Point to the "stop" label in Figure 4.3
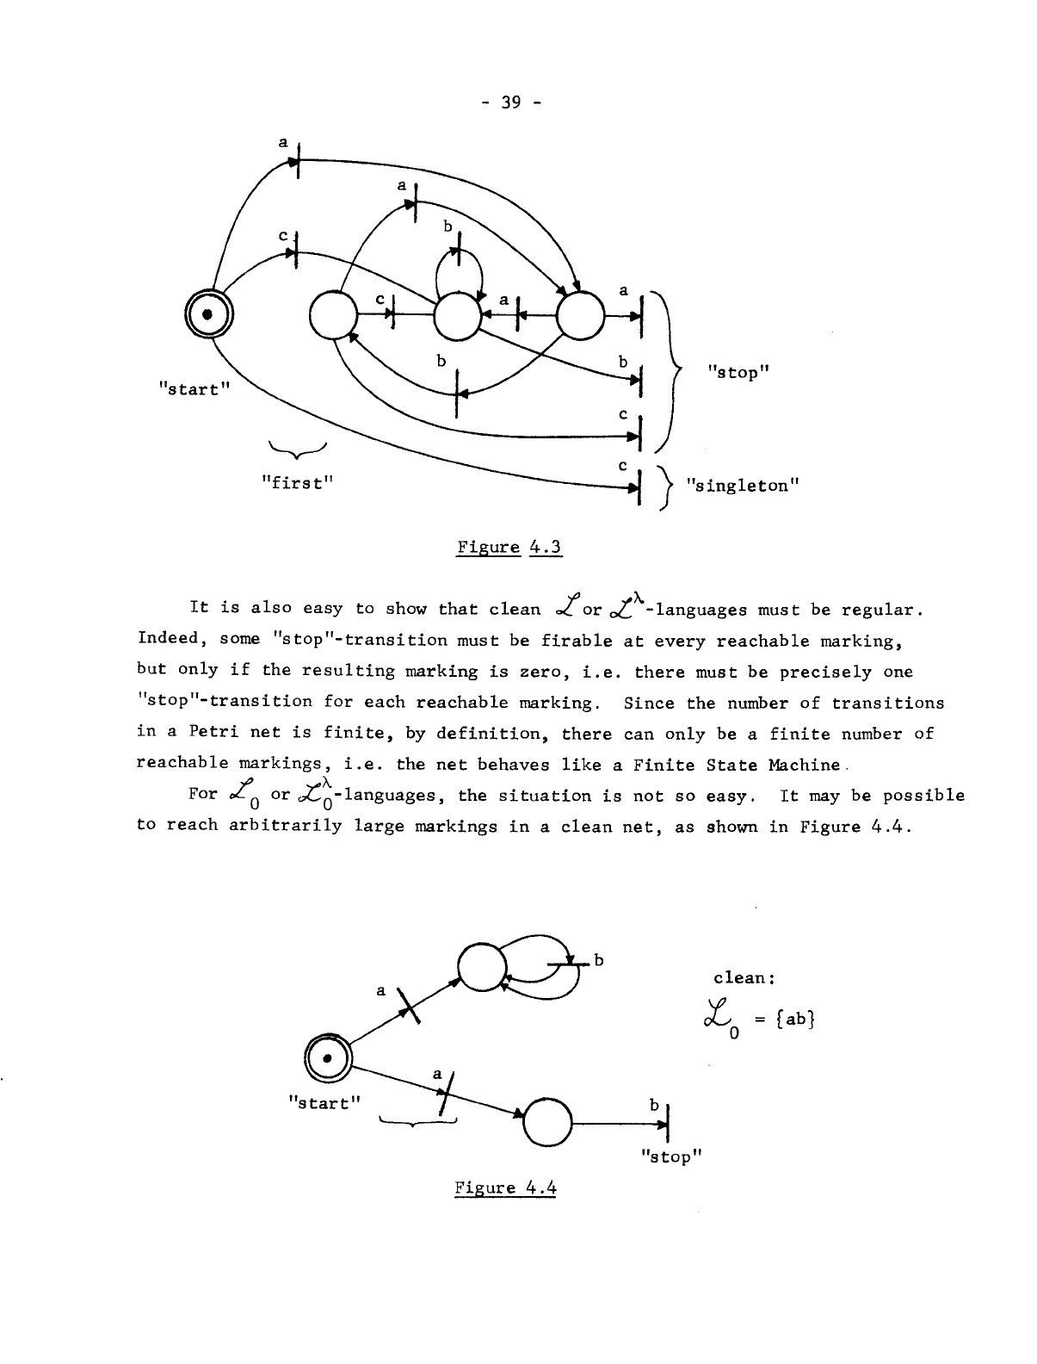737,372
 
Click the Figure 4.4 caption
505,1188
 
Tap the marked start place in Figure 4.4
328,1056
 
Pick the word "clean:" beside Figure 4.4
745,977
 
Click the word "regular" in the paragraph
886,611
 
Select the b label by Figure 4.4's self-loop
599,960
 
